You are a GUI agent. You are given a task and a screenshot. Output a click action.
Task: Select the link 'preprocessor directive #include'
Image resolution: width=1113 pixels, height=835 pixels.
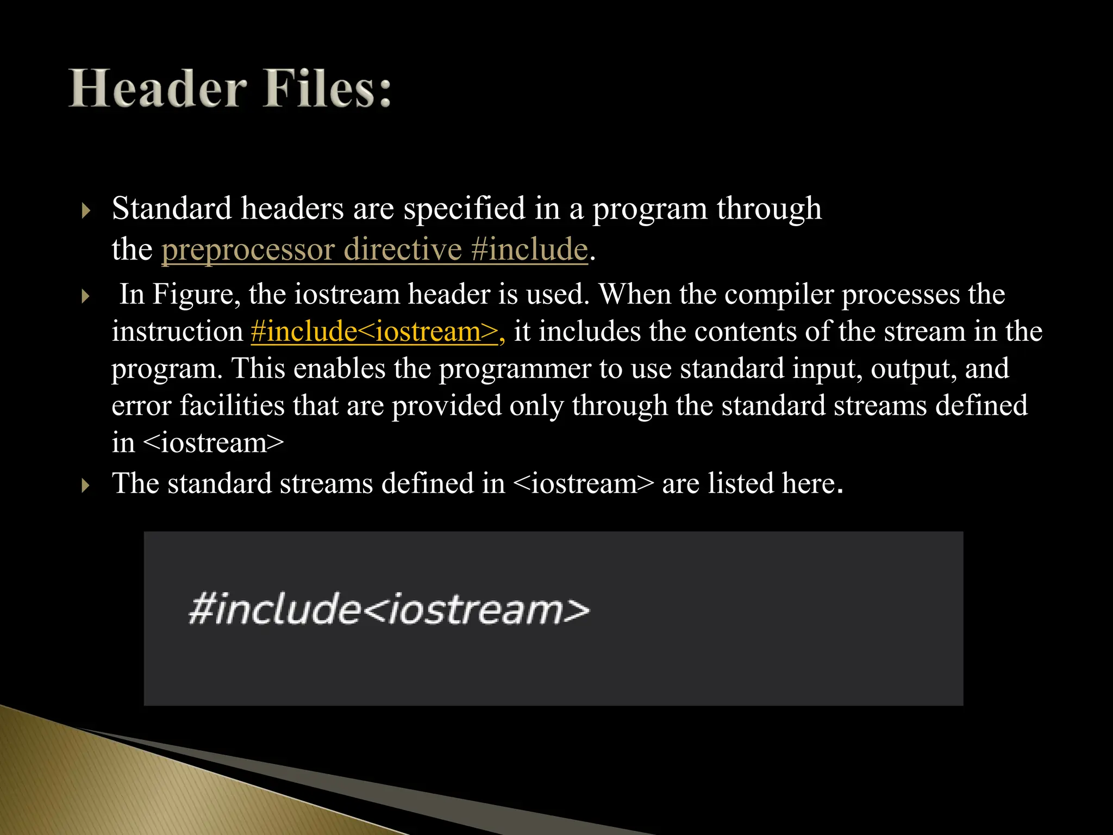coord(374,250)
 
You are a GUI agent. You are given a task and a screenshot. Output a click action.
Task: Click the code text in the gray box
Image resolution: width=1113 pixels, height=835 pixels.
coord(389,609)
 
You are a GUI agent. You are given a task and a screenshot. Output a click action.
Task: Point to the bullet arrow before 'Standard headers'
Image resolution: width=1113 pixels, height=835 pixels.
coord(85,210)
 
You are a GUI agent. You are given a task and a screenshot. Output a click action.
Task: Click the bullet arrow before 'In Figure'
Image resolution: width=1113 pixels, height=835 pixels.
coord(85,296)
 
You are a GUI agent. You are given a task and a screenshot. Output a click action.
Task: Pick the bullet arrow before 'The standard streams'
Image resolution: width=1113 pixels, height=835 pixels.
coord(85,485)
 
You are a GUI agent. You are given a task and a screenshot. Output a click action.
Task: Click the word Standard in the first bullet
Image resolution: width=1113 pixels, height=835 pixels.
coord(172,208)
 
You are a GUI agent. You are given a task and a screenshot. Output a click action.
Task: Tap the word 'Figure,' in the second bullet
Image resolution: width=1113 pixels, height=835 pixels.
coord(196,294)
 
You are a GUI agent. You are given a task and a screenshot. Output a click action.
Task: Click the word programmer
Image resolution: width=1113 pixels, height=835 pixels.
coord(515,369)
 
